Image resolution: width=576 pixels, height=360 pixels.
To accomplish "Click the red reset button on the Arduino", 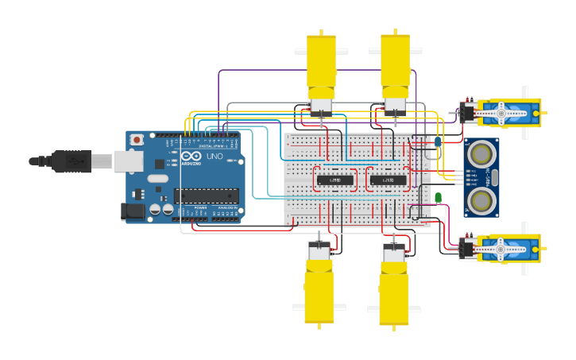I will [x=137, y=140].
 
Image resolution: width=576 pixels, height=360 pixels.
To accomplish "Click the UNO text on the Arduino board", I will [x=215, y=157].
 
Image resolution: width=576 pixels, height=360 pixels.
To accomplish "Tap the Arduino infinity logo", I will [x=191, y=156].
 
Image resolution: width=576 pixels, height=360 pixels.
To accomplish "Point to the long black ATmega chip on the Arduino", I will [x=206, y=195].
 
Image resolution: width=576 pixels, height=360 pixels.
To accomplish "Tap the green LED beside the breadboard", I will [x=438, y=198].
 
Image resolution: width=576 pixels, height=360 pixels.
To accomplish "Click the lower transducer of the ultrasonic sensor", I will [x=481, y=199].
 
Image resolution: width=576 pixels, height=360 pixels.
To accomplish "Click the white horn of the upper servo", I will [x=502, y=114].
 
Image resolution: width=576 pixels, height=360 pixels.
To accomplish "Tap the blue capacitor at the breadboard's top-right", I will [x=438, y=141].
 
